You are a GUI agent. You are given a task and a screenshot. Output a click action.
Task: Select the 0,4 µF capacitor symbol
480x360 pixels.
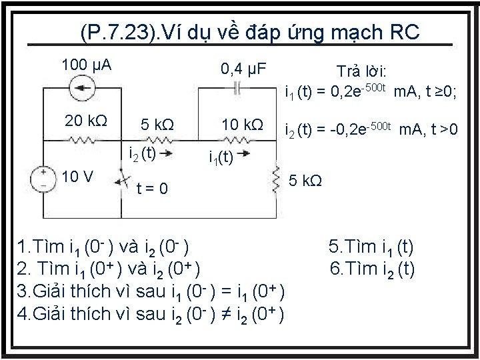236,87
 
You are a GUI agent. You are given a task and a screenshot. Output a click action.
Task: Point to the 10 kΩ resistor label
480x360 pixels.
242,125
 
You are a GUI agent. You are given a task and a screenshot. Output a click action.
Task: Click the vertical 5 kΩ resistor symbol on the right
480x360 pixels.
274,180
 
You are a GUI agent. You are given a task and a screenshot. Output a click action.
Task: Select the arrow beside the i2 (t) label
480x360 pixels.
168,156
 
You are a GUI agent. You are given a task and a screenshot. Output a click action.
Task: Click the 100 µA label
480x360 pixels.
86,65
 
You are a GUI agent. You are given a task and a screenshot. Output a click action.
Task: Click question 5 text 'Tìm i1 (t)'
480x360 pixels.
371,248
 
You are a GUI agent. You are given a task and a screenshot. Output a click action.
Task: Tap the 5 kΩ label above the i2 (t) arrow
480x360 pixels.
157,125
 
